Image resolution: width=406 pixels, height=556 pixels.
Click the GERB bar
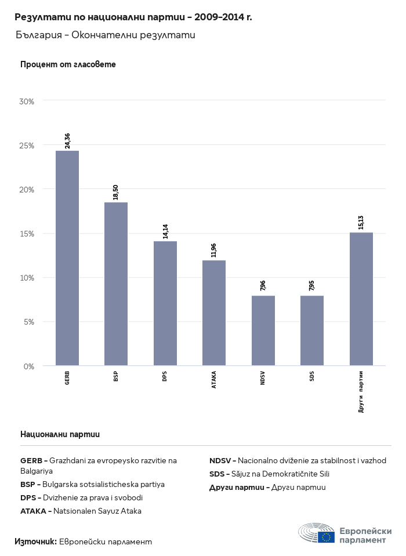67,258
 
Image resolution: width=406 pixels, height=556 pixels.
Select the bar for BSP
116,284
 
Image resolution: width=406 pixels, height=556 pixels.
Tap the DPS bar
165,303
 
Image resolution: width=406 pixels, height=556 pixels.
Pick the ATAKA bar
214,313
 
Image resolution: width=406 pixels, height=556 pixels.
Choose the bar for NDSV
263,330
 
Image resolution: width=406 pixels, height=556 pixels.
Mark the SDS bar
312,330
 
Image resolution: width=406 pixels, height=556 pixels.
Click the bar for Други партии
361,299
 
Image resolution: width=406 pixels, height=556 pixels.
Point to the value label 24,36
67,141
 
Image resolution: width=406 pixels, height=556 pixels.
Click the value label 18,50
116,192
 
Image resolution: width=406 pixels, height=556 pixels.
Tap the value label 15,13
361,223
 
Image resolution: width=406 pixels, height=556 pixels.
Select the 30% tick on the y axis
27,101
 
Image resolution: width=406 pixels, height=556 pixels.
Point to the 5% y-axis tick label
29,322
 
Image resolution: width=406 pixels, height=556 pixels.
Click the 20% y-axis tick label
27,190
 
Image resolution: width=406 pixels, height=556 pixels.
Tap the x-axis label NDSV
263,378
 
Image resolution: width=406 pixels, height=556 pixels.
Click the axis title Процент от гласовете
68,64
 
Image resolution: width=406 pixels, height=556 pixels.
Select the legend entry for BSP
93,484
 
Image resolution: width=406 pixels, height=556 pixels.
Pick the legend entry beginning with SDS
269,474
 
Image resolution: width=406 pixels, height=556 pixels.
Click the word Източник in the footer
35,542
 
